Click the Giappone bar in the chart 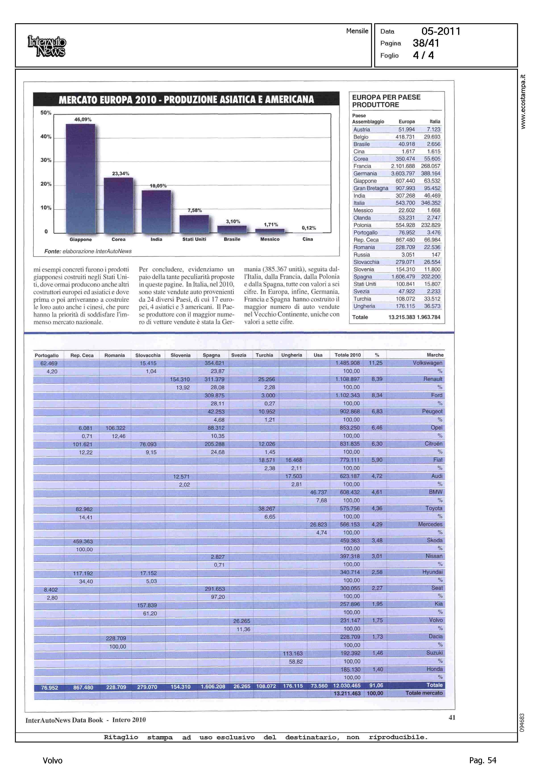coord(80,178)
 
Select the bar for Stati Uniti coord(194,224)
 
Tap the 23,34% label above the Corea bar coord(121,174)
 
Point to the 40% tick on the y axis coord(46,137)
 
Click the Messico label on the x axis coord(270,239)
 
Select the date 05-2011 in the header coord(441,31)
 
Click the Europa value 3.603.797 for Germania coord(403,174)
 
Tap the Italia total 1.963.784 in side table coord(429,317)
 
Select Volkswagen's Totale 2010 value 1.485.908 coord(347,363)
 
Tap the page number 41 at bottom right coord(452,717)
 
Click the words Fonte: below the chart coord(52,251)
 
